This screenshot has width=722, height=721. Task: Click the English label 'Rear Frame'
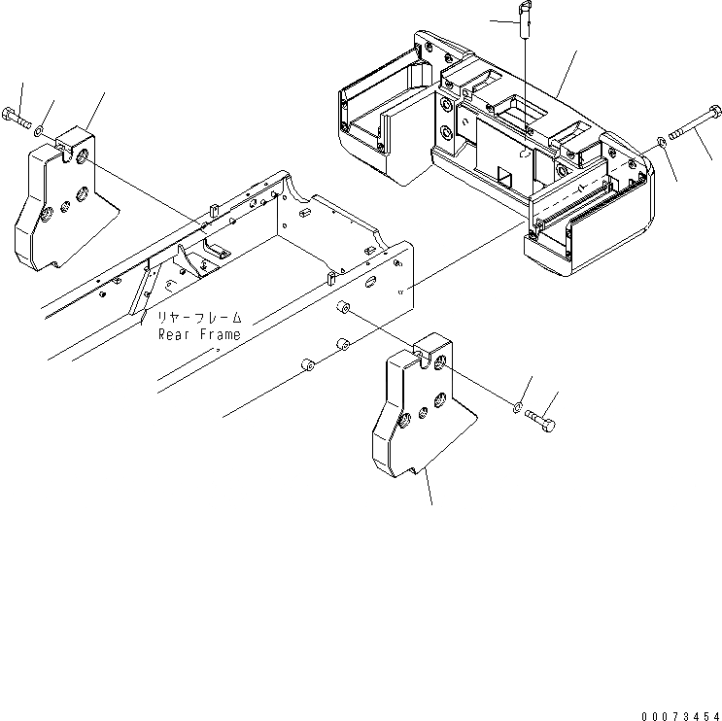[x=199, y=333]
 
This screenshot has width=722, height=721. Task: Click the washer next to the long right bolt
[x=662, y=144]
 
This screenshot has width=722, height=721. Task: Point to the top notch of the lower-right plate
[x=422, y=347]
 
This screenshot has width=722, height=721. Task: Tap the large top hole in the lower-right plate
[x=442, y=362]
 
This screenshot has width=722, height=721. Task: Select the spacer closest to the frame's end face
[x=342, y=309]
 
